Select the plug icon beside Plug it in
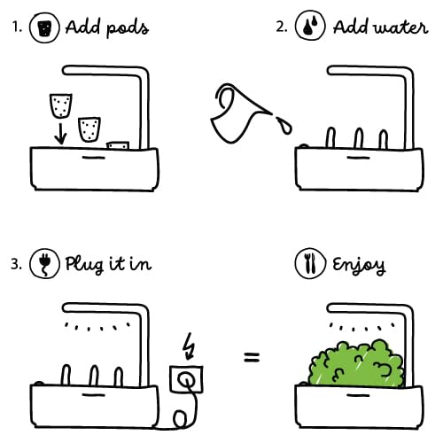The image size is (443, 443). pyautogui.click(x=42, y=265)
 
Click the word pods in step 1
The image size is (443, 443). pyautogui.click(x=123, y=28)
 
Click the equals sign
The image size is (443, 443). pyautogui.click(x=253, y=359)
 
